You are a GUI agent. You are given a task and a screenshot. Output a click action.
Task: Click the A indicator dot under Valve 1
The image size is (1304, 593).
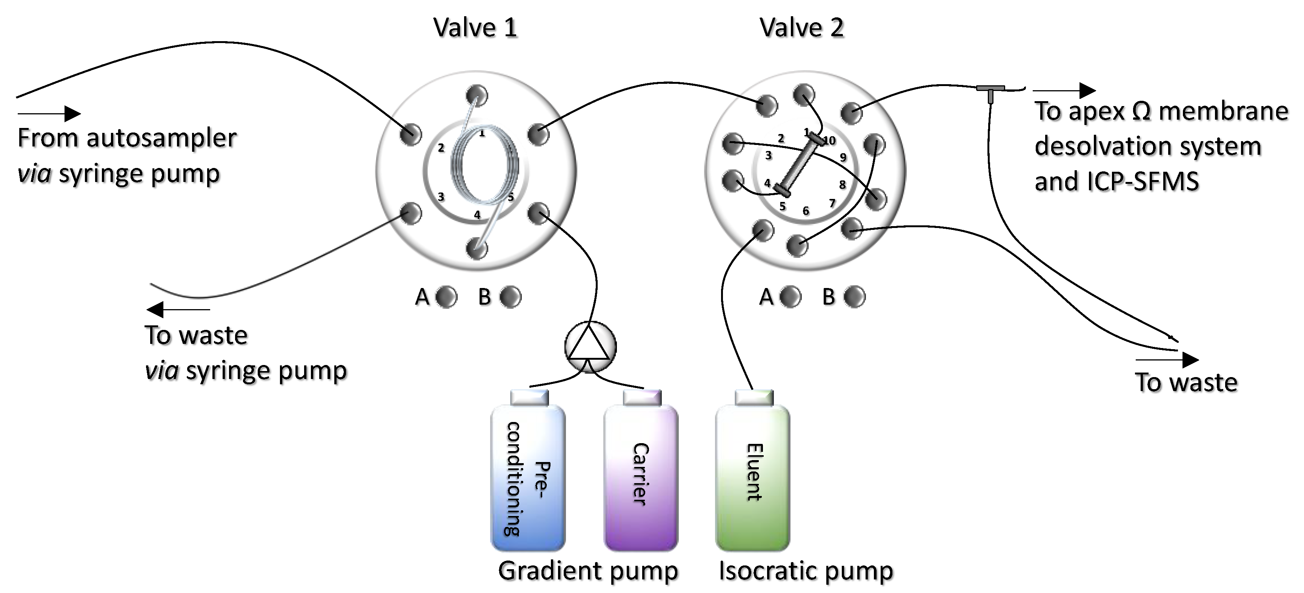[446, 297]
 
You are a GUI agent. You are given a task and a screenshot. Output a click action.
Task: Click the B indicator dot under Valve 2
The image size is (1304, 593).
[855, 297]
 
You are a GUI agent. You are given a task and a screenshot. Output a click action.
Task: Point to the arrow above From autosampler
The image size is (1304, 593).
[49, 114]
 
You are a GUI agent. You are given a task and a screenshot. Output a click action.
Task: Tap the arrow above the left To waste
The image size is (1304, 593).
[178, 309]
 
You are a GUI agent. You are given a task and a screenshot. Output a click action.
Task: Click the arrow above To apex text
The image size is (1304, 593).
[1064, 91]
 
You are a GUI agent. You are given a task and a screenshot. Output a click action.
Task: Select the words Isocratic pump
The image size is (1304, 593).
[806, 571]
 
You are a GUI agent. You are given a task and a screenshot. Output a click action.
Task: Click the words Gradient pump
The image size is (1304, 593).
[588, 571]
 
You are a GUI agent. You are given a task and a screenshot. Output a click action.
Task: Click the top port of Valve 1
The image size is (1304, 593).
[476, 95]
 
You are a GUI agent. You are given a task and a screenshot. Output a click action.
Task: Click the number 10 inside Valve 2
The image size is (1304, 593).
[829, 140]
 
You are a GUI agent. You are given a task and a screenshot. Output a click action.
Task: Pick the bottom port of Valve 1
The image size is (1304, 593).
[476, 248]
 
